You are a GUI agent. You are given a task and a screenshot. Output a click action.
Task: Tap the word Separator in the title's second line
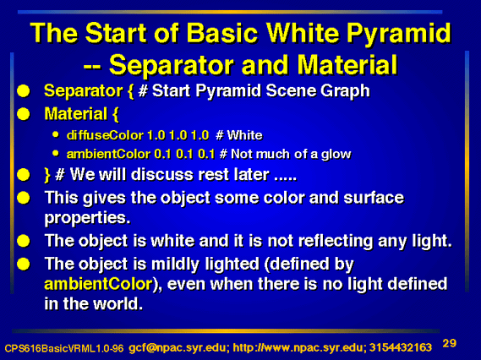click(x=171, y=64)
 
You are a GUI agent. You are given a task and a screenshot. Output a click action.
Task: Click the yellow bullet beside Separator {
click(x=24, y=91)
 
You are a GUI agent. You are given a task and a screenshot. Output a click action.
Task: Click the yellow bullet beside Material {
click(x=24, y=114)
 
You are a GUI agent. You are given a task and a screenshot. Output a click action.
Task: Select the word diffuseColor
click(x=105, y=135)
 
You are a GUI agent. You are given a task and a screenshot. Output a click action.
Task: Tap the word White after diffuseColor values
click(x=245, y=135)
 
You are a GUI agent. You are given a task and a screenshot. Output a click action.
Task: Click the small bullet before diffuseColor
click(x=56, y=134)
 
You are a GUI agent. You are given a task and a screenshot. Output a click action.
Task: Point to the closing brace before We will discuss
click(x=47, y=175)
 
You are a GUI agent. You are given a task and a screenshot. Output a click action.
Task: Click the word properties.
click(x=87, y=219)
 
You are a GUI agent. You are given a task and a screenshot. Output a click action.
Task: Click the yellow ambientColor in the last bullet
click(x=98, y=284)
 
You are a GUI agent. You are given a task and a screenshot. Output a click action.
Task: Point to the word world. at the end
click(x=118, y=303)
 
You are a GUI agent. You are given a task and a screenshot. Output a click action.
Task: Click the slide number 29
click(x=450, y=343)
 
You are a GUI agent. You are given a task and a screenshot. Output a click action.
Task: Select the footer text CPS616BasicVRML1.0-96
click(x=64, y=348)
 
